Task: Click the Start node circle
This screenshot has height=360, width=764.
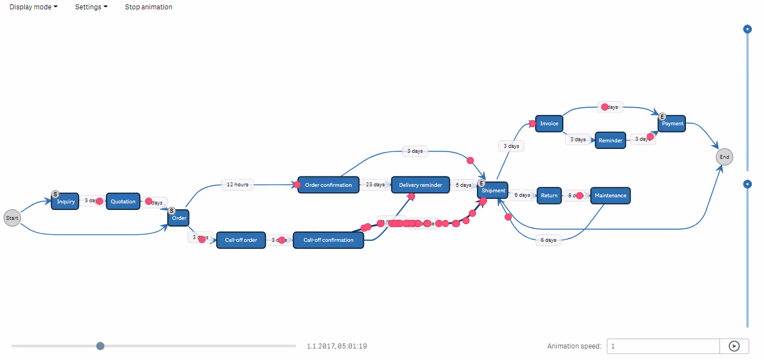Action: pyautogui.click(x=12, y=218)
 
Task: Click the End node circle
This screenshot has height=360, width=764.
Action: pyautogui.click(x=724, y=157)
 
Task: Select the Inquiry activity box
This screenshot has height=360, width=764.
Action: pyautogui.click(x=65, y=202)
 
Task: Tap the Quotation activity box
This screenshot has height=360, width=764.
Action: pyautogui.click(x=123, y=202)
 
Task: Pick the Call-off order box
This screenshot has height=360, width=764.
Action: pyautogui.click(x=241, y=240)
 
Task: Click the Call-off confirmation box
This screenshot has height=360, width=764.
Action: pyautogui.click(x=328, y=240)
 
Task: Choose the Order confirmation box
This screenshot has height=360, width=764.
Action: pyautogui.click(x=328, y=185)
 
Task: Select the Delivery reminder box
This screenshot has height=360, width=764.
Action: pyautogui.click(x=420, y=185)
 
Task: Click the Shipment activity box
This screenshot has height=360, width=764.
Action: pyautogui.click(x=493, y=191)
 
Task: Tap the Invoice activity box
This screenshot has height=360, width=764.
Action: pyautogui.click(x=549, y=124)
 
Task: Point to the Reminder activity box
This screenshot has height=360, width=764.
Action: pyautogui.click(x=610, y=140)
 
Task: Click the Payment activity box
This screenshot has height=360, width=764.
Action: pyautogui.click(x=672, y=124)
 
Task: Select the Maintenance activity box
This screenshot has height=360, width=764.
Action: pyautogui.click(x=610, y=196)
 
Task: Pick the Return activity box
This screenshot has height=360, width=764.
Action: pyautogui.click(x=549, y=196)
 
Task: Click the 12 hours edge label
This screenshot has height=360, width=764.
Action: pyautogui.click(x=237, y=185)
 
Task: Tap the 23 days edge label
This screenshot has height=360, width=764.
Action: pyautogui.click(x=375, y=185)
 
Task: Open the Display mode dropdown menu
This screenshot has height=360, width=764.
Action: pyautogui.click(x=34, y=7)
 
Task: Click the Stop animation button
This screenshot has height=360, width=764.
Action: pyautogui.click(x=148, y=7)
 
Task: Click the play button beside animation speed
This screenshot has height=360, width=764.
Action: pyautogui.click(x=734, y=346)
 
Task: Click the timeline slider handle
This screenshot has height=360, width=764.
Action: pyautogui.click(x=100, y=346)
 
